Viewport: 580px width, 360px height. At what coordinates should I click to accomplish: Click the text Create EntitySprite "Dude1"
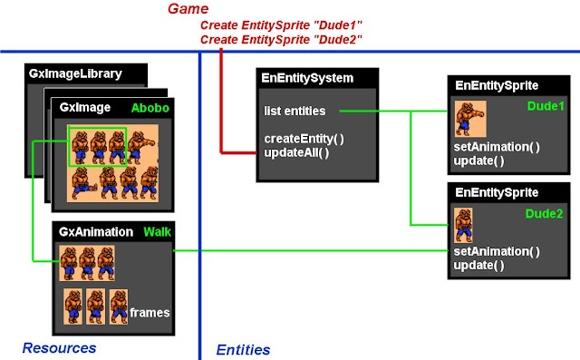[x=281, y=25]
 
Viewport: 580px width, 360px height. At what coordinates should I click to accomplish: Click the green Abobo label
[x=149, y=107]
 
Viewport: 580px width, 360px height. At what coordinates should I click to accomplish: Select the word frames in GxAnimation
[x=150, y=312]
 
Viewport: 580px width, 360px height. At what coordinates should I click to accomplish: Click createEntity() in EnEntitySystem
[x=304, y=138]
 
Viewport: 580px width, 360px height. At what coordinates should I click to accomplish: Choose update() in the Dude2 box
[x=478, y=265]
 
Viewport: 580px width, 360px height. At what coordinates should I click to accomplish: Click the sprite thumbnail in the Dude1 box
[x=470, y=119]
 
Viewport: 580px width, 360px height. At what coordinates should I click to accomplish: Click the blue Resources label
[x=59, y=347]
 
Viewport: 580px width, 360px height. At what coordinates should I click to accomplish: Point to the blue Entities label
[x=243, y=349]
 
